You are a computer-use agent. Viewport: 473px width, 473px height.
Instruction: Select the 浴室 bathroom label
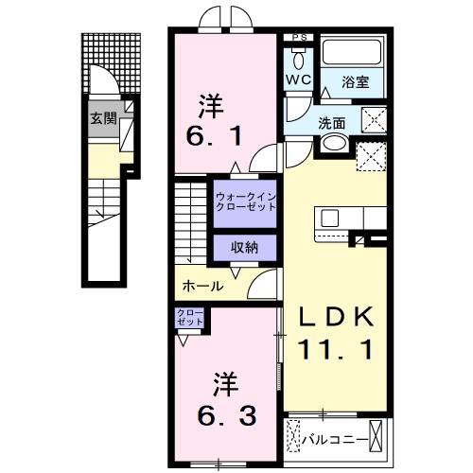357,82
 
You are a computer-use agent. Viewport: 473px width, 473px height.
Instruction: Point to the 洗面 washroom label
332,122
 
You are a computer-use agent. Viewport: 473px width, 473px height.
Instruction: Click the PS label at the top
300,39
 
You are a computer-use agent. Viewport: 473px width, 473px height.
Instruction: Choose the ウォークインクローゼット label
245,201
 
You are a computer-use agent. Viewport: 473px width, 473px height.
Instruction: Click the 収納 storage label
244,246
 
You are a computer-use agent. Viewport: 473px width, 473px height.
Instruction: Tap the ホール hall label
201,286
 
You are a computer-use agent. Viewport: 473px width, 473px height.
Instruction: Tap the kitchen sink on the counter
330,217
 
